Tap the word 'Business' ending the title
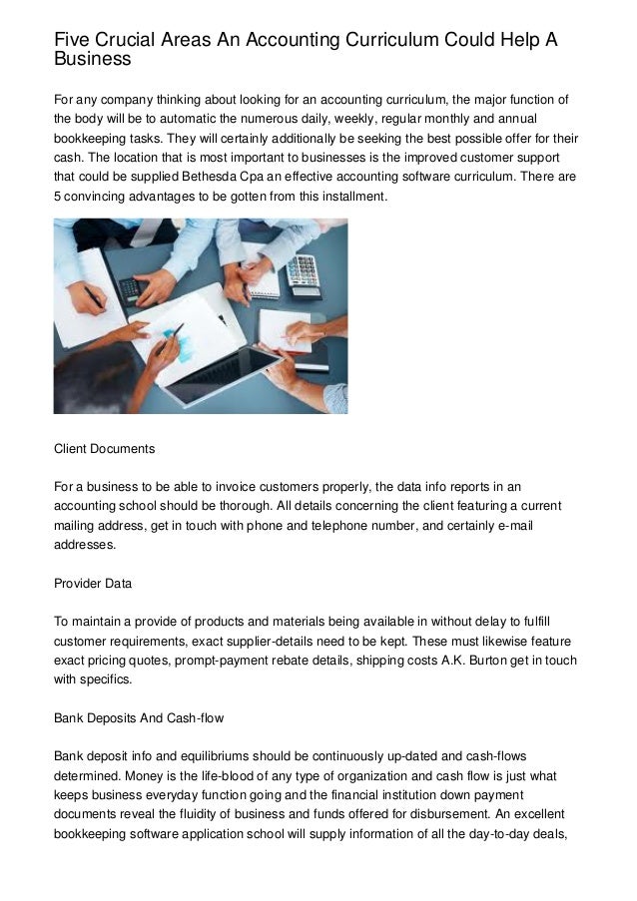tap(92, 59)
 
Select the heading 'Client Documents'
tap(104, 449)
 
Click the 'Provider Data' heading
tap(93, 583)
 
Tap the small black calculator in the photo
tap(130, 290)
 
